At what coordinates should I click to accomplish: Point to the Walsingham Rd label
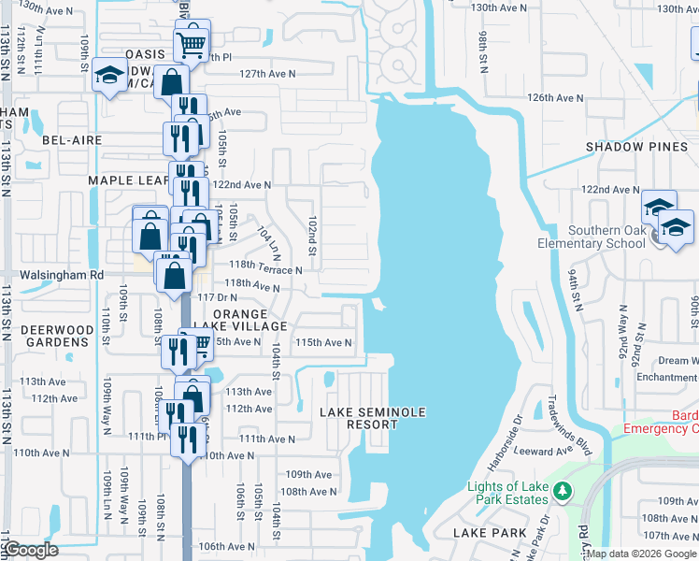click(58, 276)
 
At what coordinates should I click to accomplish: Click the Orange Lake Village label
click(250, 320)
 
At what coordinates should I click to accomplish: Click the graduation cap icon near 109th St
click(109, 77)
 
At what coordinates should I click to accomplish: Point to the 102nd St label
click(313, 228)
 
